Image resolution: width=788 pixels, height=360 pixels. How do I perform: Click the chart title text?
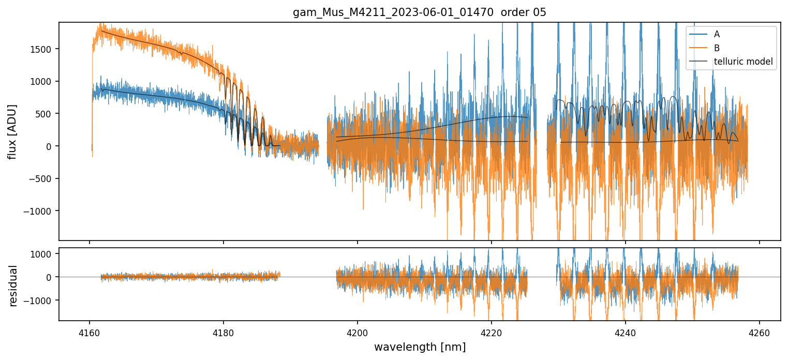point(419,12)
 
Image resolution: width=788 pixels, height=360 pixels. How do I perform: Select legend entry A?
point(717,34)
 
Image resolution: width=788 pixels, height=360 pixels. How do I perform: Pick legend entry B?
point(717,48)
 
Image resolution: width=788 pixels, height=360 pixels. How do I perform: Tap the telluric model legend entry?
point(743,62)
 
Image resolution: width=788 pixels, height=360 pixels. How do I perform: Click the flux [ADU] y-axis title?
point(12,131)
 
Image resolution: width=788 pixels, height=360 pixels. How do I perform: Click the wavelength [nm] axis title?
point(419,347)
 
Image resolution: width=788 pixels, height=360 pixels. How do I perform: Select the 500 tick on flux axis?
point(47,114)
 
